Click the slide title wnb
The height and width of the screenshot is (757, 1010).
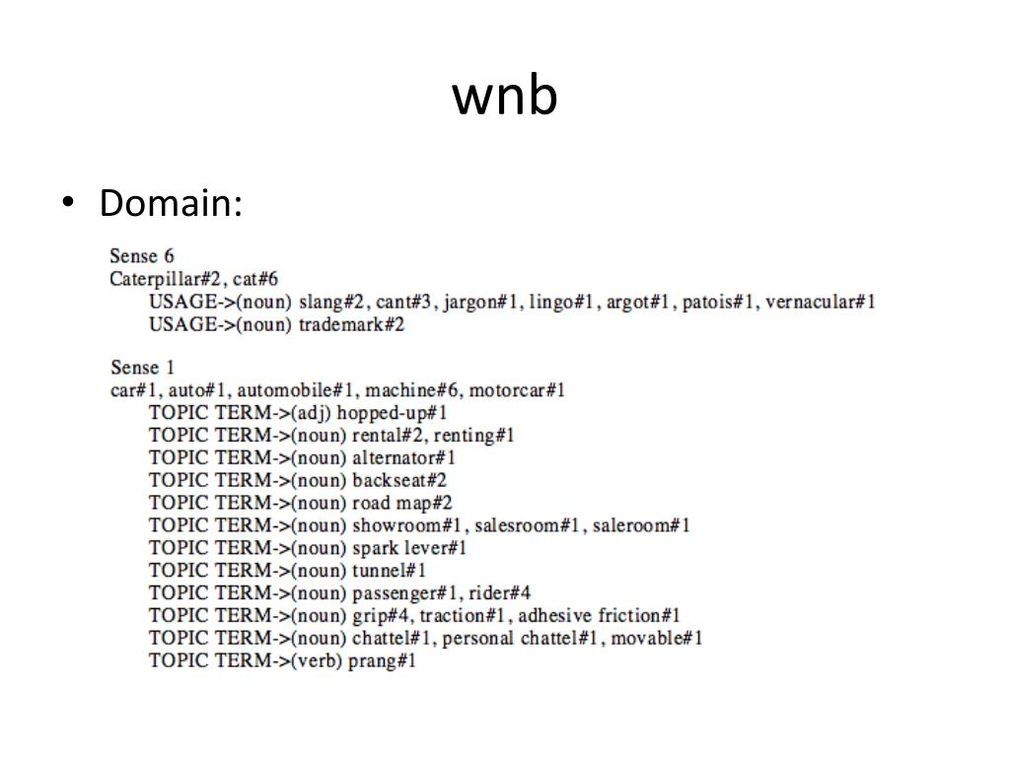pyautogui.click(x=505, y=97)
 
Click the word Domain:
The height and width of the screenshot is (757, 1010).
pyautogui.click(x=171, y=204)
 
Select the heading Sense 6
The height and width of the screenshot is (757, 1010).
pyautogui.click(x=142, y=256)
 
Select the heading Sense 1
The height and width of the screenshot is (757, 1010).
pyautogui.click(x=142, y=368)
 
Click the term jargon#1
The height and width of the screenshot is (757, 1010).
pyautogui.click(x=481, y=302)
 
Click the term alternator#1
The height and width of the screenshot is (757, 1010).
pyautogui.click(x=403, y=457)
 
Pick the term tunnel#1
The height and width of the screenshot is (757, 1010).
pyautogui.click(x=389, y=570)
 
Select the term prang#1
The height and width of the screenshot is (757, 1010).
pyautogui.click(x=382, y=660)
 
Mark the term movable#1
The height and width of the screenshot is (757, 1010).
pyautogui.click(x=657, y=638)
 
